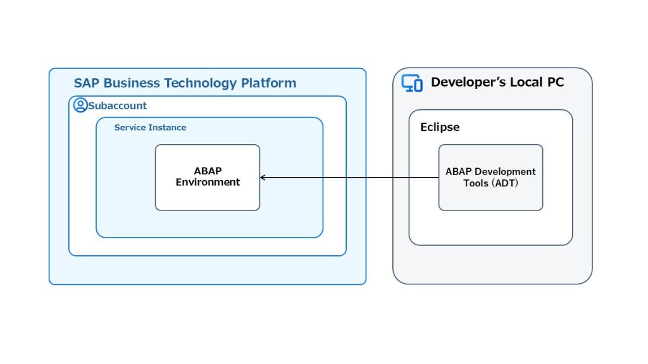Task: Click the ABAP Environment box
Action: (x=208, y=177)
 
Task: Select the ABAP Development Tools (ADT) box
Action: (x=490, y=178)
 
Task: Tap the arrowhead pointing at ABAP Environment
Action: (x=263, y=178)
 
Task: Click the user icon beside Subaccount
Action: (x=80, y=105)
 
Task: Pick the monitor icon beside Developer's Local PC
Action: (x=412, y=83)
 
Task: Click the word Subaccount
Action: (x=118, y=106)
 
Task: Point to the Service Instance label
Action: (x=150, y=128)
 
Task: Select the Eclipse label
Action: (x=440, y=127)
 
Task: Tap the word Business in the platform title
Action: (x=131, y=83)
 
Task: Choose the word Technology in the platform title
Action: (x=202, y=83)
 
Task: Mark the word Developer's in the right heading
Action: (x=466, y=82)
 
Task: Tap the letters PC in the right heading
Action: (x=554, y=82)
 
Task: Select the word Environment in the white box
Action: (x=208, y=183)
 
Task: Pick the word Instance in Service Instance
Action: (x=168, y=128)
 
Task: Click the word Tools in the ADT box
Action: (x=476, y=183)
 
